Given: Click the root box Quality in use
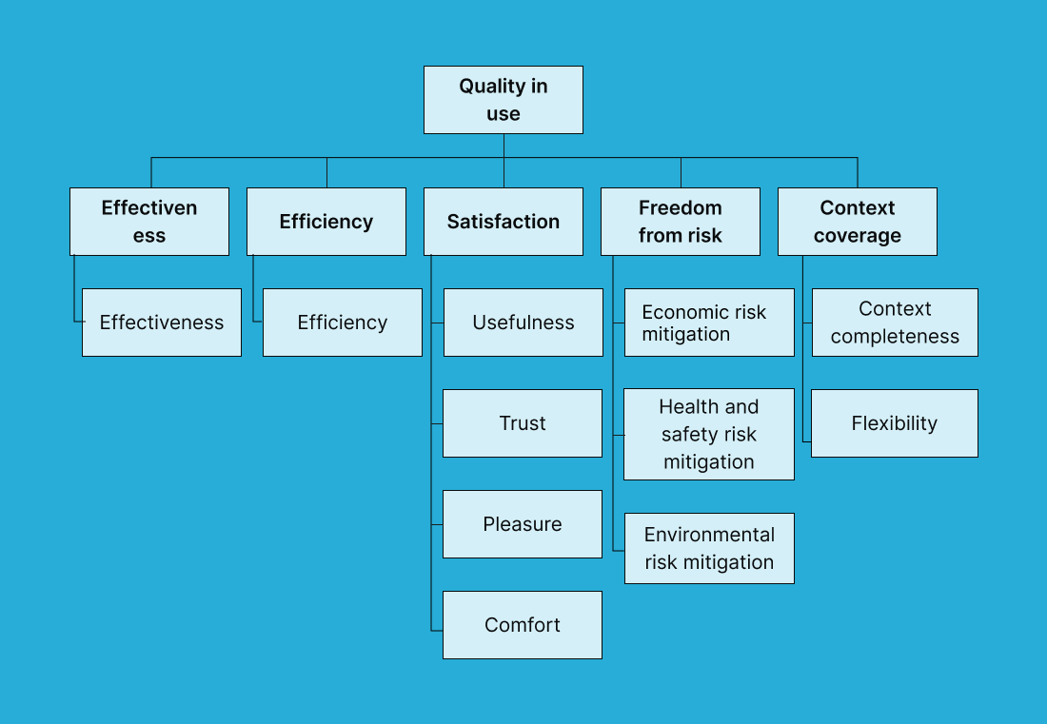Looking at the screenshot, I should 503,100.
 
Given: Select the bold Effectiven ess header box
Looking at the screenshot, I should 149,222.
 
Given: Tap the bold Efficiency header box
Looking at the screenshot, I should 326,222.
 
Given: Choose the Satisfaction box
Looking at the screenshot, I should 503,222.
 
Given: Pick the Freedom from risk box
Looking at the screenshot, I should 680,222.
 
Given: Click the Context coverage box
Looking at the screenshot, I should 857,222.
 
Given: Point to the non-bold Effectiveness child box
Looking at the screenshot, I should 162,323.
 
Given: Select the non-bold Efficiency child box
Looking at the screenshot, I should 342,323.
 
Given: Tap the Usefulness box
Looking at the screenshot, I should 523,323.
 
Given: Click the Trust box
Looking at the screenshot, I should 523,423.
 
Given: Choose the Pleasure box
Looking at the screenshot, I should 523,524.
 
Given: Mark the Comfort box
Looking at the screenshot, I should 523,625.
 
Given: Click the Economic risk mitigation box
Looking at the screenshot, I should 709,323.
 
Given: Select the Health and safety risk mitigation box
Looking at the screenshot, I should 709,434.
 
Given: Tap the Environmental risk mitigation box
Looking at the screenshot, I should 709,549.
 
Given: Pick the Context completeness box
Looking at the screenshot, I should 895,323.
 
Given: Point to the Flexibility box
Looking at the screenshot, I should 895,423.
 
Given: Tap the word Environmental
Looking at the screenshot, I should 709,535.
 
